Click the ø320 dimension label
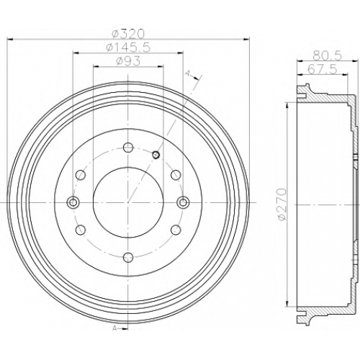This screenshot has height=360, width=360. [129, 34]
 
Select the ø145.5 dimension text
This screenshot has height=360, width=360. [128, 48]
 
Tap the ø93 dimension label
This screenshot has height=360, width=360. [128, 61]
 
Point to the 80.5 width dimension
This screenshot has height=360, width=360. [327, 56]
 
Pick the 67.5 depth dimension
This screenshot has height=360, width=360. [323, 69]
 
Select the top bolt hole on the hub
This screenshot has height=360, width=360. [128, 147]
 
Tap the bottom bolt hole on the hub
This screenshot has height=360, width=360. [128, 258]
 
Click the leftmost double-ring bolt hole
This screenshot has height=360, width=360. [73, 202]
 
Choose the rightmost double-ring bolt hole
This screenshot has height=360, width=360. [183, 202]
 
